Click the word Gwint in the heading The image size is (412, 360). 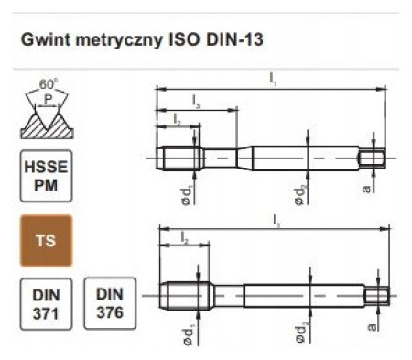[46, 39]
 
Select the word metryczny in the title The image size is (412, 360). [119, 40]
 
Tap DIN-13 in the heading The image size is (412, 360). [234, 39]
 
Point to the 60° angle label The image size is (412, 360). [49, 84]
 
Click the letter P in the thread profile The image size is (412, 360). [48, 99]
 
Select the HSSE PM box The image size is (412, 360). [46, 176]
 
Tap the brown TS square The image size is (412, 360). [46, 241]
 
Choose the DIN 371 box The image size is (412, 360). [46, 304]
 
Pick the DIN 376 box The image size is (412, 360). [110, 303]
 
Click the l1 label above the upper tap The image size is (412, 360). [273, 80]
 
